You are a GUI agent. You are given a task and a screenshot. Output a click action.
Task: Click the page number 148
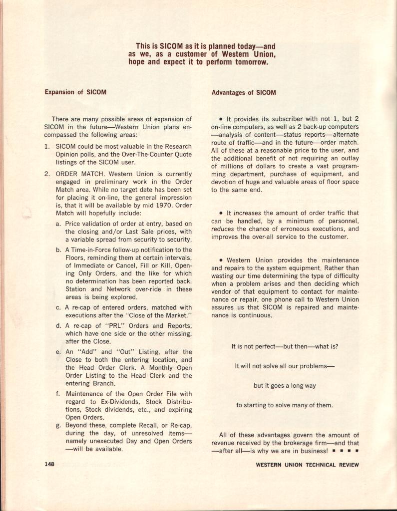tap(49, 464)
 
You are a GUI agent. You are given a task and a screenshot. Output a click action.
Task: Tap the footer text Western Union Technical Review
tap(307, 465)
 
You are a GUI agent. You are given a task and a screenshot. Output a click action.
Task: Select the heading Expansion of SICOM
tap(75, 92)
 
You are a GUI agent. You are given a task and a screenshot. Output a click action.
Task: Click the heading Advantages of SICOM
tap(244, 92)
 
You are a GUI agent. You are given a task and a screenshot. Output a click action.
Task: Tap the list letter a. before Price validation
tap(58, 224)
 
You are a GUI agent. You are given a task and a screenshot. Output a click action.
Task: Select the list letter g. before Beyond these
tap(58, 425)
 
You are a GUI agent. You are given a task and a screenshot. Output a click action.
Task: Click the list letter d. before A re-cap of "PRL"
tap(58, 326)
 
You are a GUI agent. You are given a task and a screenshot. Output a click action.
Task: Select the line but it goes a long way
tap(284, 385)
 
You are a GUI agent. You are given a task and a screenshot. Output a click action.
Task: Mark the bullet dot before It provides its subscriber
tap(221, 120)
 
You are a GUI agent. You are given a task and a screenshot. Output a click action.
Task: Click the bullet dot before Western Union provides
tap(221, 260)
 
